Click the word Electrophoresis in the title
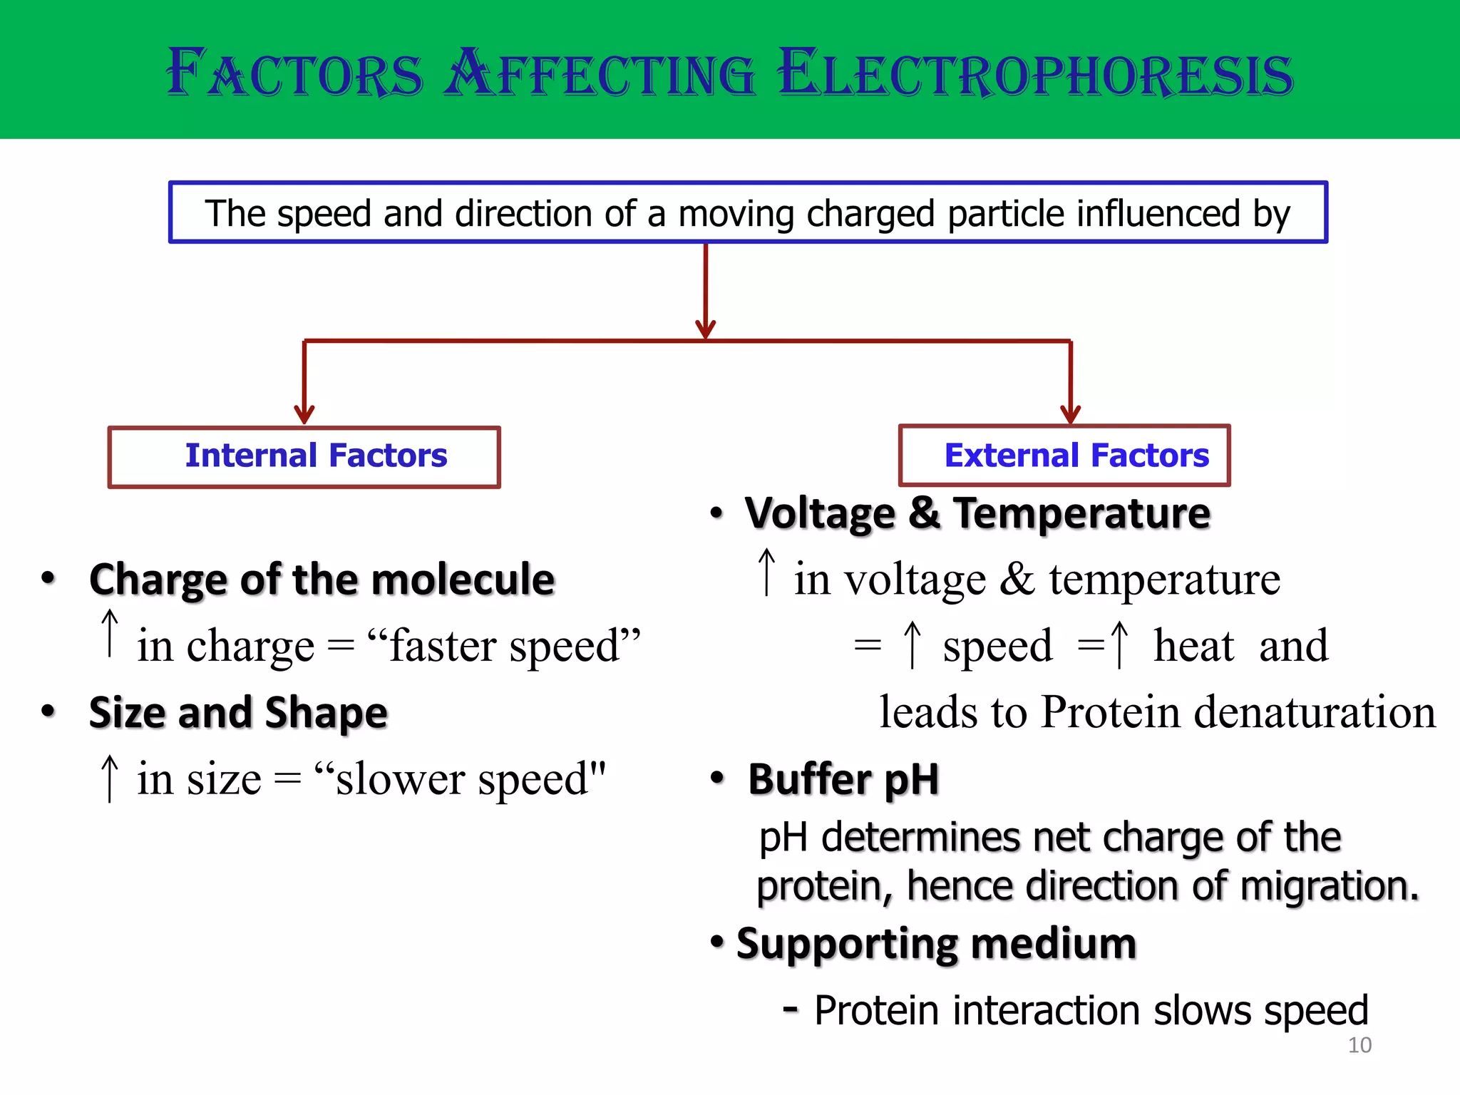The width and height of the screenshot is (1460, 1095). pyautogui.click(x=1035, y=73)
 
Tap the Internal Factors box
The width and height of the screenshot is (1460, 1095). pyautogui.click(x=304, y=457)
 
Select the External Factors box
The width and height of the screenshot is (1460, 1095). pyautogui.click(x=1064, y=456)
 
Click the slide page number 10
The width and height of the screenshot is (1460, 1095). pyautogui.click(x=1359, y=1045)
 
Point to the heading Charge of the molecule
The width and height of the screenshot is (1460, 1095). pyautogui.click(x=322, y=579)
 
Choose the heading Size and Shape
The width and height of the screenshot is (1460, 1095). pyautogui.click(x=238, y=712)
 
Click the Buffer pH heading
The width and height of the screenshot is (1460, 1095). pyautogui.click(x=843, y=779)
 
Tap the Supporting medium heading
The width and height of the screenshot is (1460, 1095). pyautogui.click(x=936, y=944)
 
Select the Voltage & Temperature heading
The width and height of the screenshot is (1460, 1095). pyautogui.click(x=977, y=513)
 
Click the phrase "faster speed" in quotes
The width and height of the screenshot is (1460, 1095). pyautogui.click(x=504, y=646)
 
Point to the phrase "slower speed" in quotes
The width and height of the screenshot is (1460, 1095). pyautogui.click(x=461, y=778)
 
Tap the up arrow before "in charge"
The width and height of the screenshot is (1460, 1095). pyautogui.click(x=110, y=633)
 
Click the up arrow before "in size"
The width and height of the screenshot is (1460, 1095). pyautogui.click(x=110, y=778)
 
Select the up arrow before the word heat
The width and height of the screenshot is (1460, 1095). pyautogui.click(x=1120, y=644)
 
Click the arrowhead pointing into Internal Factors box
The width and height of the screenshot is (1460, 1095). pyautogui.click(x=304, y=414)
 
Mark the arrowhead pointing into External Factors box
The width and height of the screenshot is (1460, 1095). pyautogui.click(x=1070, y=413)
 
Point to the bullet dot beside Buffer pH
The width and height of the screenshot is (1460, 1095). pyautogui.click(x=717, y=778)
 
